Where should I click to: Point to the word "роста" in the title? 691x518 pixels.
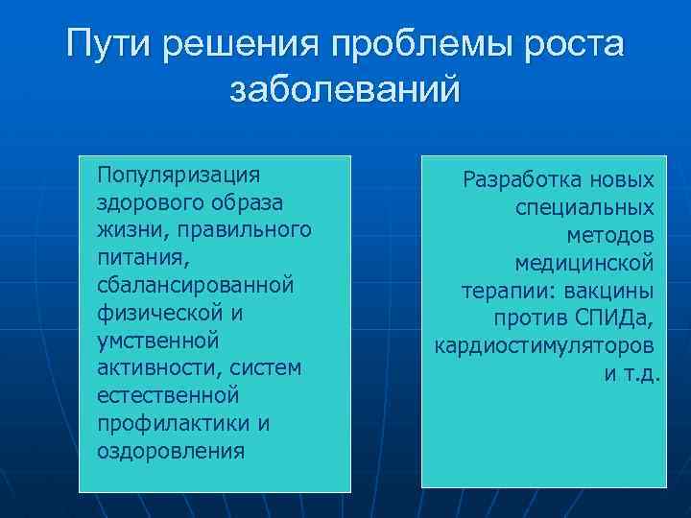tap(575, 44)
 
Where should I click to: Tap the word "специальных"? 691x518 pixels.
tap(585, 207)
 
